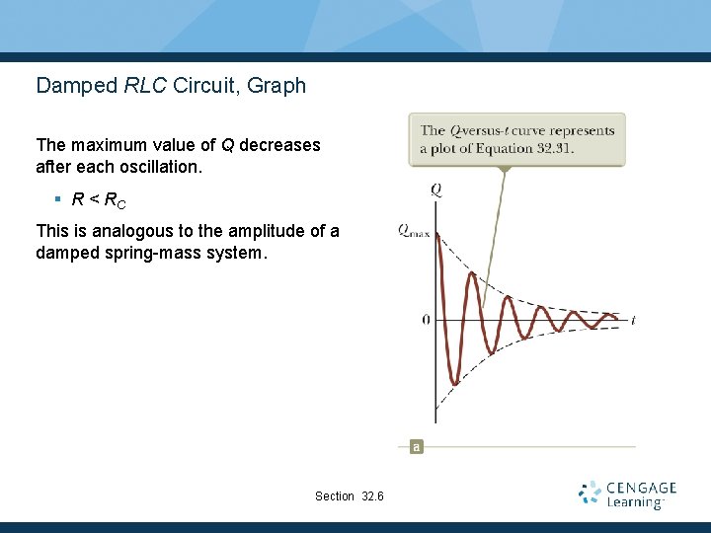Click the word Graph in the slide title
[276, 86]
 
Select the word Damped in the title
[77, 86]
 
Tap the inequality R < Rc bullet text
[99, 200]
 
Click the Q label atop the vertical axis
[435, 190]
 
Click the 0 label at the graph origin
[426, 320]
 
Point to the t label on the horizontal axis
[632, 320]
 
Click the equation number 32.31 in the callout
[553, 149]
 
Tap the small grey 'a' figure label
[416, 447]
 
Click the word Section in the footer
[335, 495]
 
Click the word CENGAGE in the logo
[642, 488]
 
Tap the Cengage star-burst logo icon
[590, 494]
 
